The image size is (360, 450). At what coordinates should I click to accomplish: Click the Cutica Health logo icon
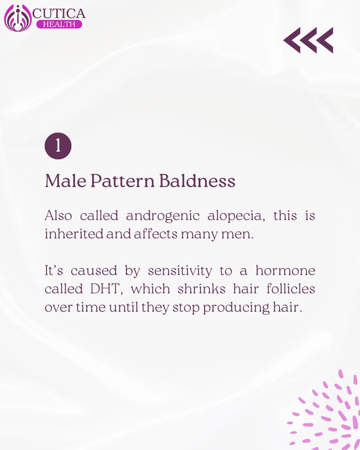tap(18, 18)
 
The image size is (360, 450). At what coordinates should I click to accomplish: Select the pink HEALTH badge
tap(58, 24)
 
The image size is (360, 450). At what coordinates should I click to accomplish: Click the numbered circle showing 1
tap(58, 146)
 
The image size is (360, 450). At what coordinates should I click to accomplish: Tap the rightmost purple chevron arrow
tap(324, 40)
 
